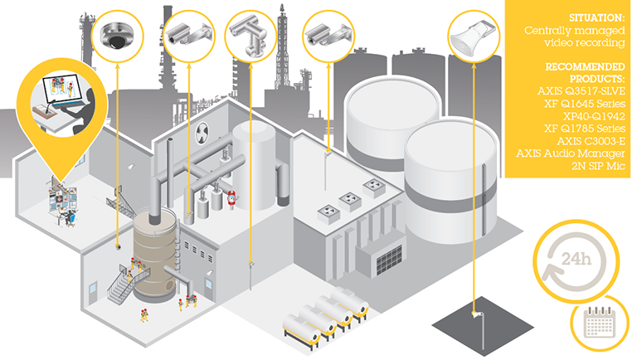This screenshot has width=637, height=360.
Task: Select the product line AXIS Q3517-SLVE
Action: [x=576, y=91]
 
